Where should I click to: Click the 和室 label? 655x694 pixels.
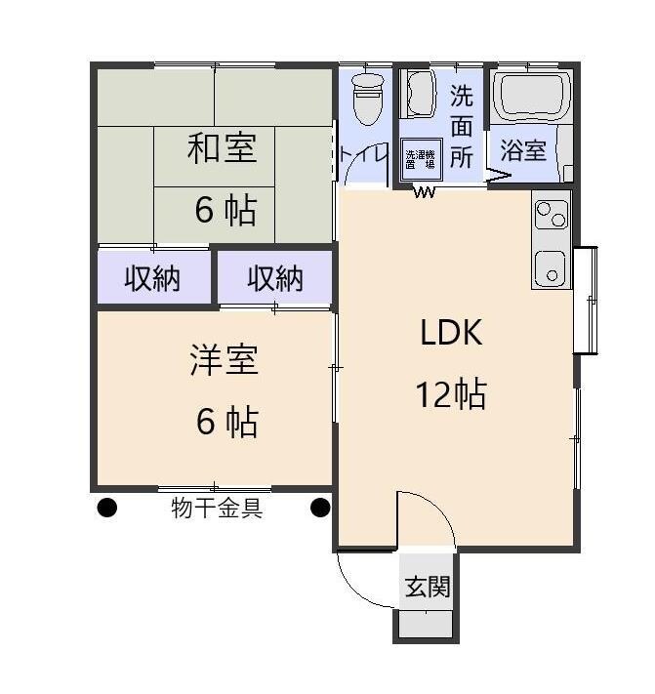223,149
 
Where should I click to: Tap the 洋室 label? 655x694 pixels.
224,360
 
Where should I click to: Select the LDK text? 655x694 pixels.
451,334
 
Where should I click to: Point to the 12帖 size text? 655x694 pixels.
451,394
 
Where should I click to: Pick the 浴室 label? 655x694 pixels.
523,150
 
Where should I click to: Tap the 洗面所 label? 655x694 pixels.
462,126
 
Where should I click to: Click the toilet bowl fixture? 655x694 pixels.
366,99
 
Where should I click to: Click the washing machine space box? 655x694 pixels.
423,158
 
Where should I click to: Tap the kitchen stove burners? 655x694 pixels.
552,213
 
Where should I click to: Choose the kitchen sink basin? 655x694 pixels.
552,266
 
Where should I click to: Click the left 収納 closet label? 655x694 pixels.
152,279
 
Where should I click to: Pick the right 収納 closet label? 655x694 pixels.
275,279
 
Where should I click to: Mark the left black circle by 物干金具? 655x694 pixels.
106,508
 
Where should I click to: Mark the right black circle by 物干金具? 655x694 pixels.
320,508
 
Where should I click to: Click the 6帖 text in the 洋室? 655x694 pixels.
226,422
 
